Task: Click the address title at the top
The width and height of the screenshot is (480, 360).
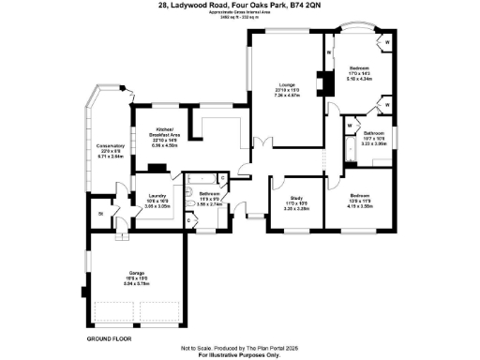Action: coord(239,6)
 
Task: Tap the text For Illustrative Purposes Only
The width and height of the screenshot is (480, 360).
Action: coord(240,355)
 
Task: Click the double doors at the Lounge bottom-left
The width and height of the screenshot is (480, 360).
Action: coord(262,143)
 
